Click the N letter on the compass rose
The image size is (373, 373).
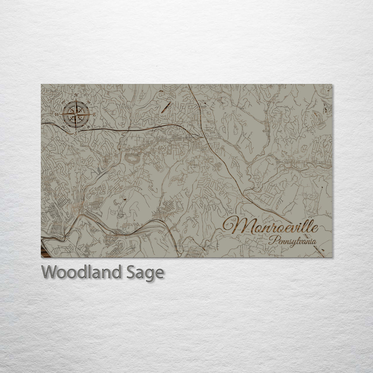(x=76, y=95)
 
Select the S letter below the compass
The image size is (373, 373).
(x=76, y=132)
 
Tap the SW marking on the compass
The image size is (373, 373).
(x=64, y=126)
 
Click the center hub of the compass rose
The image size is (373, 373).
(x=76, y=114)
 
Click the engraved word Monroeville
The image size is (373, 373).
(x=270, y=226)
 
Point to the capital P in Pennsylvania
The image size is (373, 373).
(x=273, y=239)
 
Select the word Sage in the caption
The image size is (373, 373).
(x=144, y=273)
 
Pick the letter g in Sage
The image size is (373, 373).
(x=150, y=274)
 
